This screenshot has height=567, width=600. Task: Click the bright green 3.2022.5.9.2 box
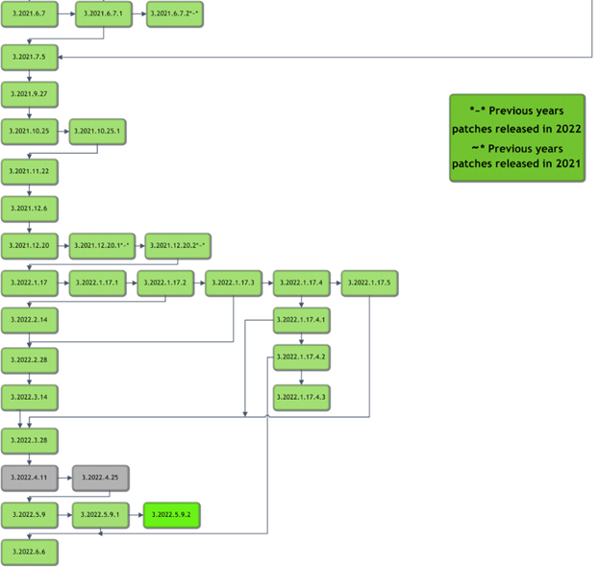point(172,515)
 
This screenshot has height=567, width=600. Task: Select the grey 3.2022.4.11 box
point(30,478)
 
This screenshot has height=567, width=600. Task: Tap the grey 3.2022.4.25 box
point(100,478)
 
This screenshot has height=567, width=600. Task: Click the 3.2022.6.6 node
point(30,553)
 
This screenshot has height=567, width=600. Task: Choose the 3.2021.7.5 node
point(30,57)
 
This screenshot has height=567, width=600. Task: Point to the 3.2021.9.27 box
point(30,94)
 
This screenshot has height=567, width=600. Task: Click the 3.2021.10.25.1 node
point(98,132)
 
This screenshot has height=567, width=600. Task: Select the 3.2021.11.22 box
point(30,170)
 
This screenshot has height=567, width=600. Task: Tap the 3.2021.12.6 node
point(30,208)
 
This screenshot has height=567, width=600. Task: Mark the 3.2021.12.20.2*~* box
point(178,246)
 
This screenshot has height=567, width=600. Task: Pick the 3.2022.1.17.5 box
point(370,283)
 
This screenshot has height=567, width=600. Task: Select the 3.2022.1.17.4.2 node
point(302,357)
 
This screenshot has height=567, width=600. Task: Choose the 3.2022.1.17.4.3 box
point(302,396)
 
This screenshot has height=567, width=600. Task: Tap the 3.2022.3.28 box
point(30,439)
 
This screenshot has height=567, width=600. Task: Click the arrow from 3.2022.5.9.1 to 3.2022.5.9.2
point(136,516)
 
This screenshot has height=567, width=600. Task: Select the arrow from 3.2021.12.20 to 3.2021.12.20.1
point(63,246)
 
